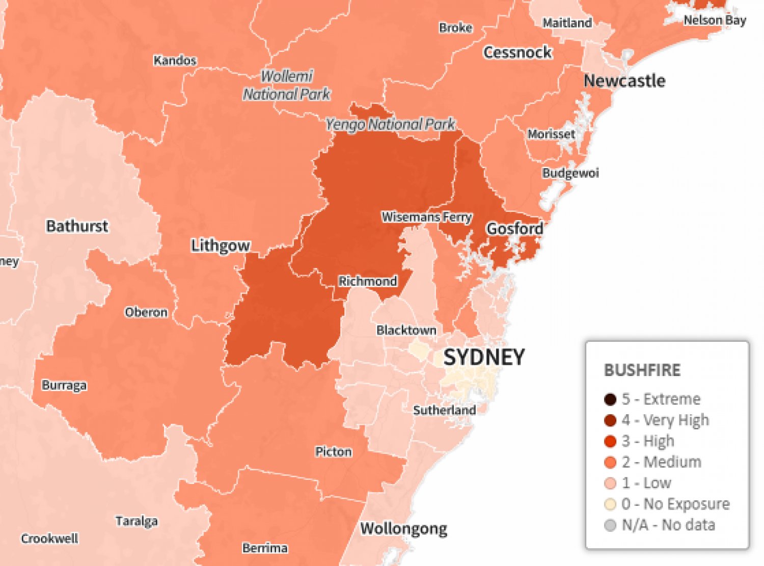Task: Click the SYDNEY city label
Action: coord(483,357)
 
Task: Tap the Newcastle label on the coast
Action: coord(624,81)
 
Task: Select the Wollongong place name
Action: coord(403,529)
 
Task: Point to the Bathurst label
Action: coord(77,226)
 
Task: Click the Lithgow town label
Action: coord(221,246)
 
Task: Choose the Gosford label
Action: coord(514,229)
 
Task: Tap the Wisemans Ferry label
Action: coord(427,217)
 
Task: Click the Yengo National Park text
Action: coord(390,124)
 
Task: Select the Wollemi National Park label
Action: coord(287,85)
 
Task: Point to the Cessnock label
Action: coord(517,52)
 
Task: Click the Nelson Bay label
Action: coord(715,20)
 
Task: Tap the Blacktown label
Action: coord(406,330)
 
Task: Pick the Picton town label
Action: coord(333,452)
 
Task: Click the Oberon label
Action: coord(146,312)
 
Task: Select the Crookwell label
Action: coord(49,538)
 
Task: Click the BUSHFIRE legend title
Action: coord(642,370)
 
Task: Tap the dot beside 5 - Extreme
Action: coord(610,399)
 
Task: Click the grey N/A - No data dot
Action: coord(610,525)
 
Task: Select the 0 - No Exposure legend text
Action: coord(675,504)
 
